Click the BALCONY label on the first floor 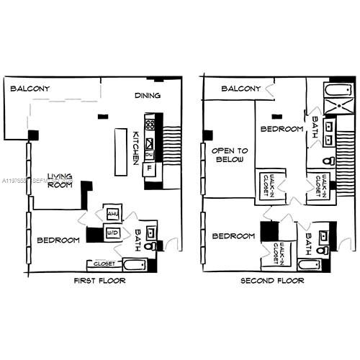[30, 89]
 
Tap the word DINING [147, 95]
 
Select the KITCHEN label [137, 147]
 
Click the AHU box [112, 214]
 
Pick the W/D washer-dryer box [112, 233]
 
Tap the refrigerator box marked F [149, 168]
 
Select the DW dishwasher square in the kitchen [149, 154]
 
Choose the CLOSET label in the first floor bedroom [104, 264]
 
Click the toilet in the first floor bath [150, 246]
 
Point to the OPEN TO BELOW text [230, 160]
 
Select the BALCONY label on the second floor [240, 89]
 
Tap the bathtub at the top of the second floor [334, 89]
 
